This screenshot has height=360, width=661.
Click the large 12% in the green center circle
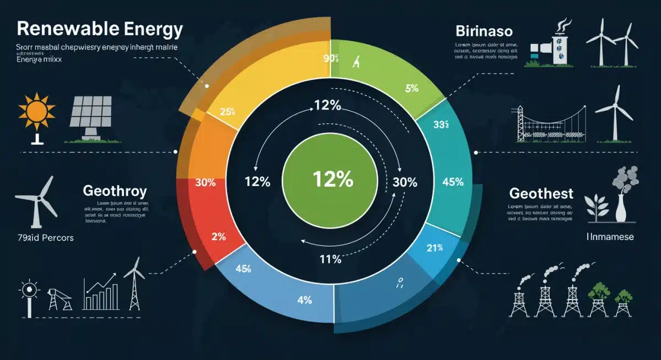coord(333,179)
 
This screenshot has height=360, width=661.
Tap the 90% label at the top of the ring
coord(330,58)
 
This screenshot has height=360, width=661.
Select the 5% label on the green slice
coord(411,88)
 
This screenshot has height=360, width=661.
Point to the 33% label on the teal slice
coord(441,124)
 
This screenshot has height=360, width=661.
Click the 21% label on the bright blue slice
coord(435,248)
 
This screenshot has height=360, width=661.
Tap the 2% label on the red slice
coord(219,237)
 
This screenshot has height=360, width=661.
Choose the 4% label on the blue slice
coord(304,300)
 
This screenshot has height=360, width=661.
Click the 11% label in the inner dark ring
coord(330,259)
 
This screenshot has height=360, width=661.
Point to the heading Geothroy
coord(115,191)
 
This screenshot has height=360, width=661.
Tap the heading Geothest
coord(541,193)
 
